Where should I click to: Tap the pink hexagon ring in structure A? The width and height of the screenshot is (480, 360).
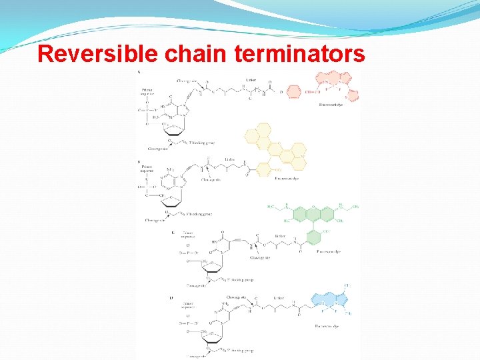point(293,90)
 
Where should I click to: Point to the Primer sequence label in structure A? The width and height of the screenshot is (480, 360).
point(146,91)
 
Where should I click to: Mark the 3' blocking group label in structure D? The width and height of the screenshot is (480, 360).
point(240,349)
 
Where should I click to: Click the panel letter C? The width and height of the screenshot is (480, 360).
point(173,233)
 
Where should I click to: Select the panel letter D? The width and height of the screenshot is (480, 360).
point(173,297)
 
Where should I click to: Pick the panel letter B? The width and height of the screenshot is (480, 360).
point(138,161)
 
